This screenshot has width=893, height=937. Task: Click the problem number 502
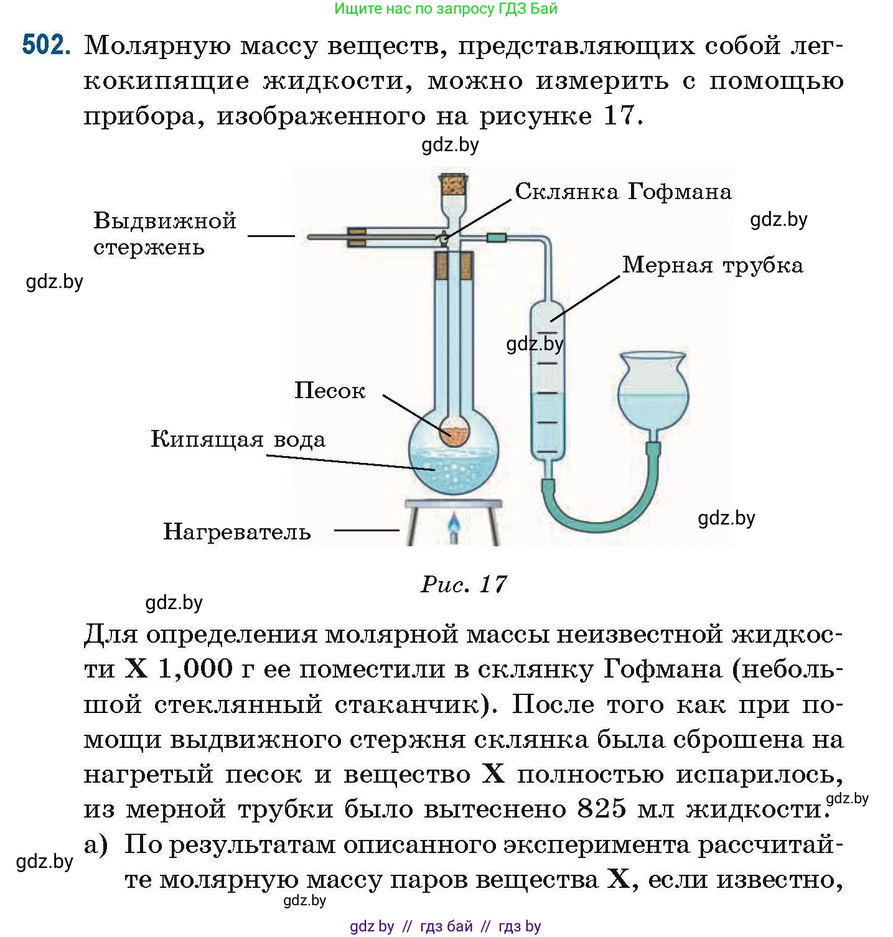click(45, 45)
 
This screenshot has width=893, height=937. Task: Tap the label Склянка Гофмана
click(623, 192)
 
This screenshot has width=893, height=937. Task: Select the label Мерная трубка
click(713, 266)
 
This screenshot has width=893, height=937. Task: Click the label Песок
click(329, 391)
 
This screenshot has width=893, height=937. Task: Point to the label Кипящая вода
click(238, 440)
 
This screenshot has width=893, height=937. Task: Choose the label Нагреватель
click(236, 532)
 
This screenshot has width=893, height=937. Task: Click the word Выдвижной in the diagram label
click(165, 221)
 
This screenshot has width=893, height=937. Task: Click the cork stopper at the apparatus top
click(454, 184)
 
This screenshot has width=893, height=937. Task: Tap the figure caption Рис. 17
click(464, 584)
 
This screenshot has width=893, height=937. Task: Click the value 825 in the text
click(601, 809)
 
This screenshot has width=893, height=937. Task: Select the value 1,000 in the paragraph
click(195, 669)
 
